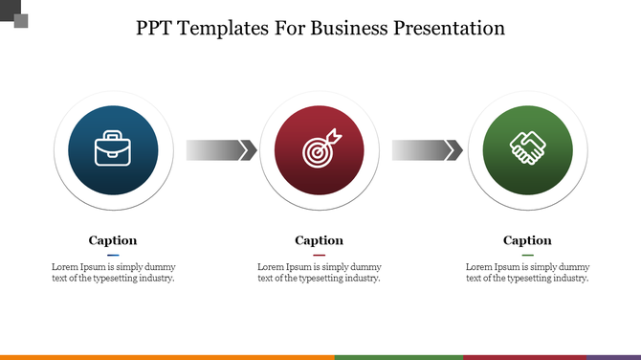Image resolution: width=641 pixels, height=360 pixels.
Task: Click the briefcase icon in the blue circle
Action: (x=114, y=150)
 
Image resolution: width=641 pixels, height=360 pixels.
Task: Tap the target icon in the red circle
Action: (x=319, y=150)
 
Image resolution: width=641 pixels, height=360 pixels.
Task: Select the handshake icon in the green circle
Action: (x=527, y=149)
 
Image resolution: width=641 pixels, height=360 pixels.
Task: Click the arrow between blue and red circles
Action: (x=221, y=150)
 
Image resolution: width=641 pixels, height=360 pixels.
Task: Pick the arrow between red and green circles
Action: (x=427, y=150)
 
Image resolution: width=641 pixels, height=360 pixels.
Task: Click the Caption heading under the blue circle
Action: (x=113, y=240)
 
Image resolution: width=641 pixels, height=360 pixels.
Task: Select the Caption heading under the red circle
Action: (x=319, y=240)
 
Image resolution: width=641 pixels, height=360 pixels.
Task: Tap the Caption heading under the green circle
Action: (x=527, y=240)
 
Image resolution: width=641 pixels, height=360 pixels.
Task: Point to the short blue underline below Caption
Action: (x=113, y=255)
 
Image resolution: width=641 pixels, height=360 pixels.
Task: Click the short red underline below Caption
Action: (x=319, y=255)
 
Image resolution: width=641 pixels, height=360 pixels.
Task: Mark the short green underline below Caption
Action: (x=527, y=255)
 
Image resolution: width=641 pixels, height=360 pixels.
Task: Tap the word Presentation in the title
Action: (x=449, y=28)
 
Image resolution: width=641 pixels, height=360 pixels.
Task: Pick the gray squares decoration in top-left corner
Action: (x=13, y=12)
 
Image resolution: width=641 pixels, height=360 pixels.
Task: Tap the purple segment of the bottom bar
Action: (x=613, y=356)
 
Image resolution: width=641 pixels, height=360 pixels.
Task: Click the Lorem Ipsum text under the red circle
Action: (x=319, y=272)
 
